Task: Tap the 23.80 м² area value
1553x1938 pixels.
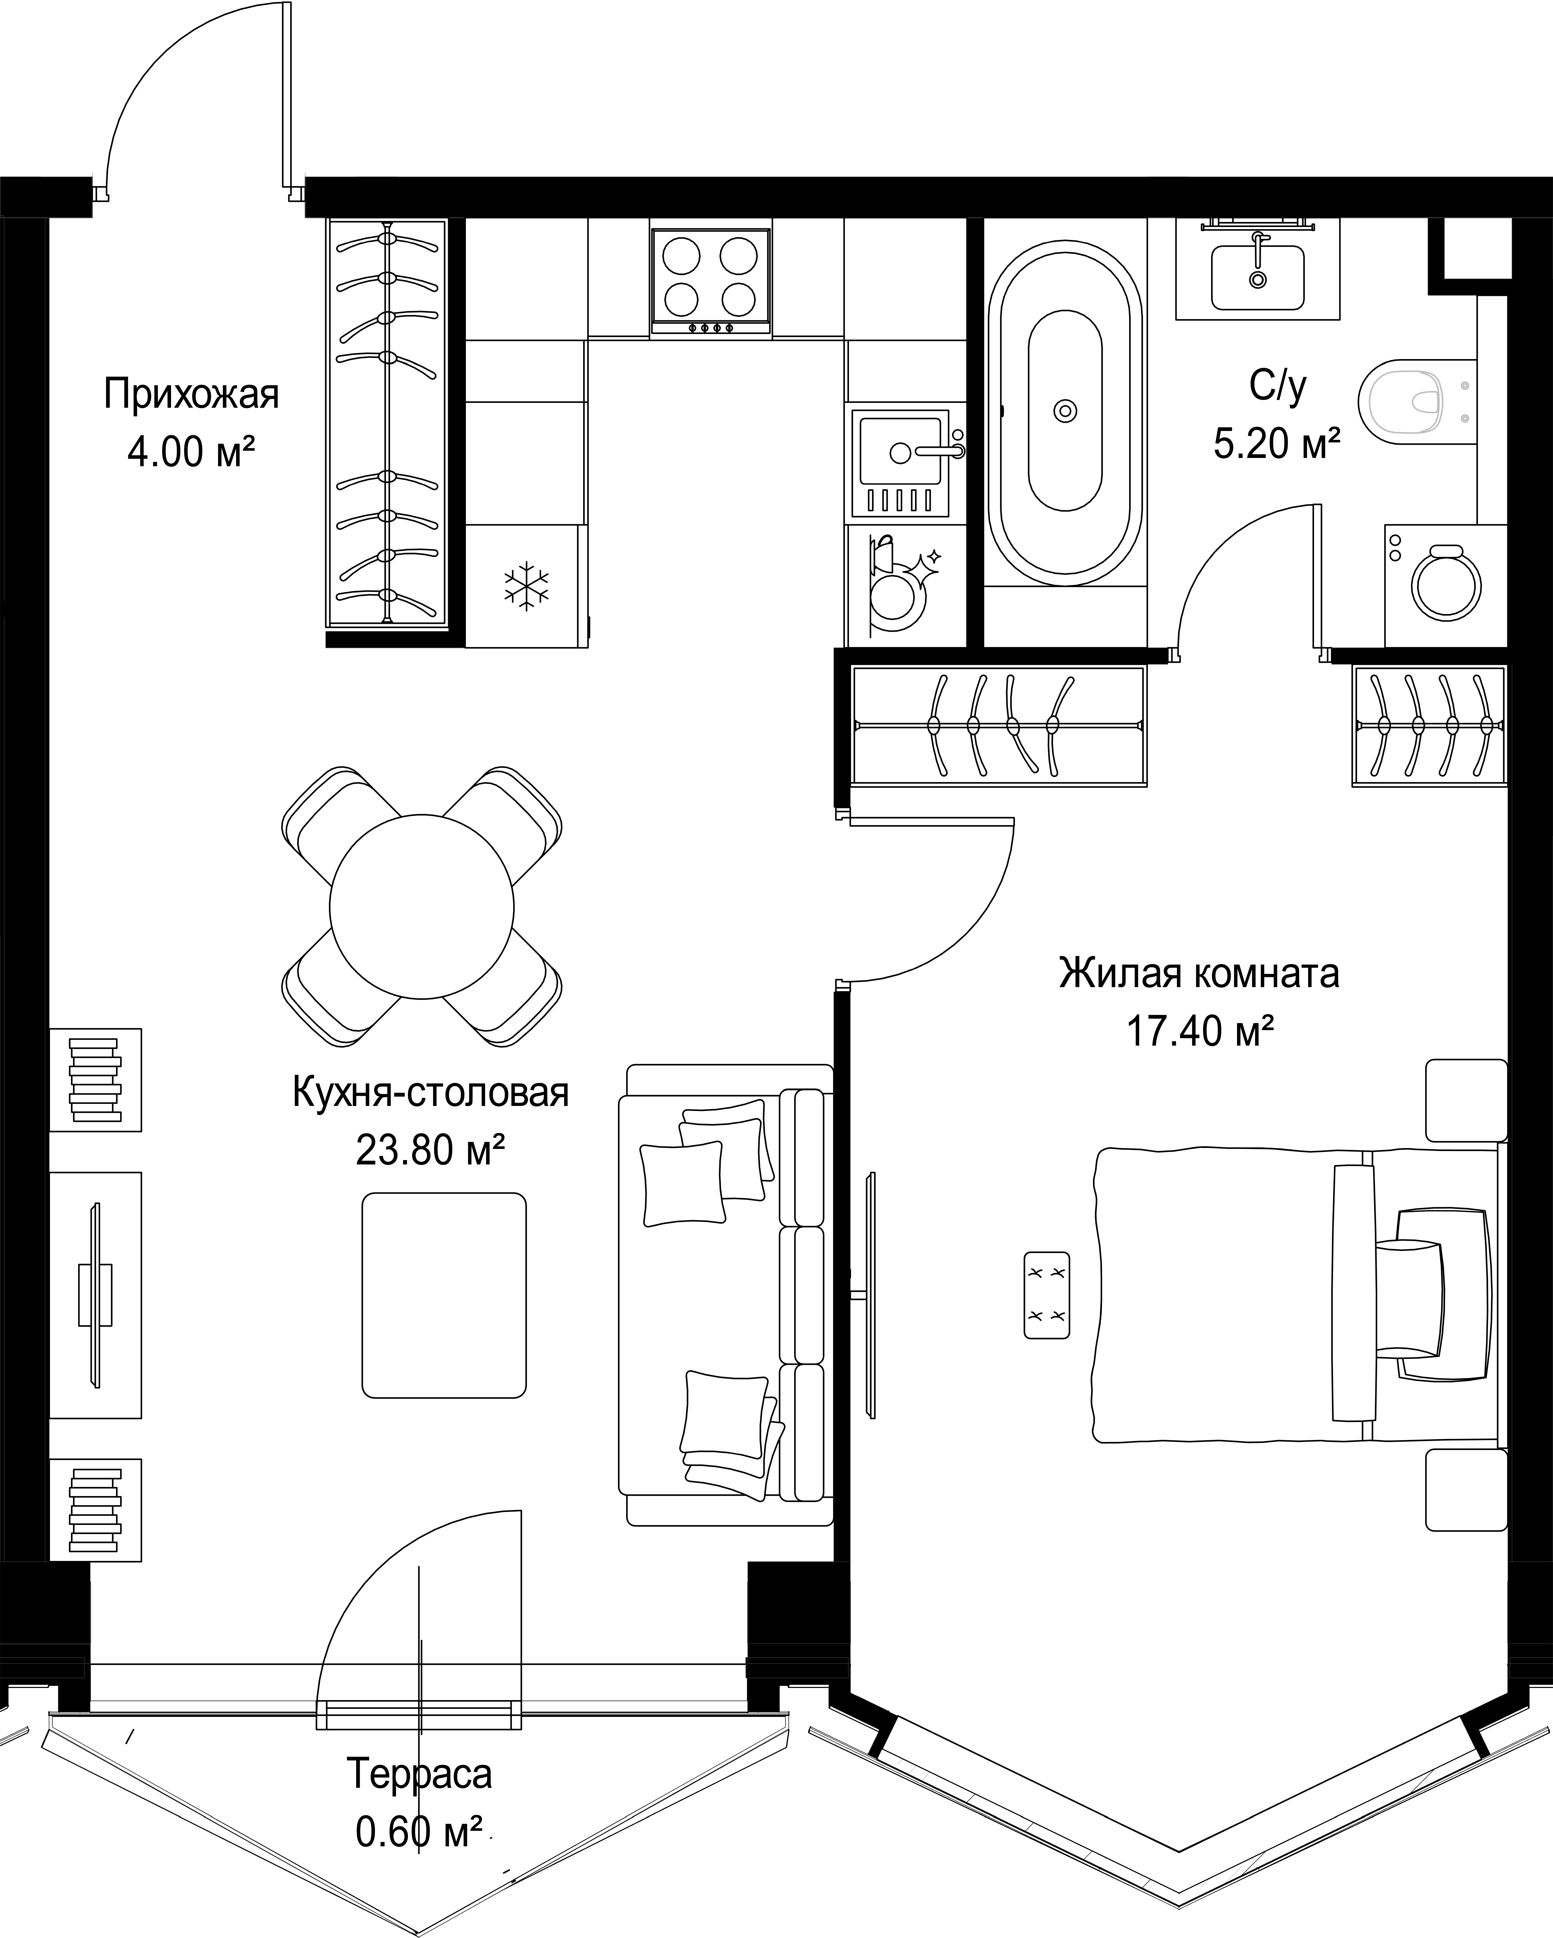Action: point(430,1149)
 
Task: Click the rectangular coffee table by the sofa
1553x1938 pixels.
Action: point(444,1295)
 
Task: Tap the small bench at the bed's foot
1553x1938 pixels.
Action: point(1048,1295)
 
